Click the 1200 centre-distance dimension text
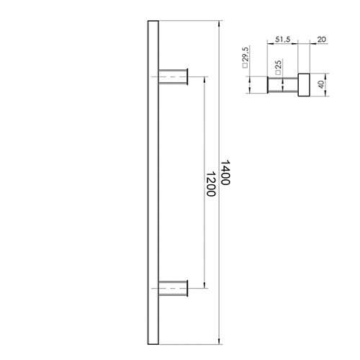[x=210, y=184]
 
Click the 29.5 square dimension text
[x=246, y=57]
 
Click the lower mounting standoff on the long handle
[x=171, y=288]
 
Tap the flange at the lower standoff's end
[x=188, y=288]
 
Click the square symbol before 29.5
[x=246, y=71]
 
